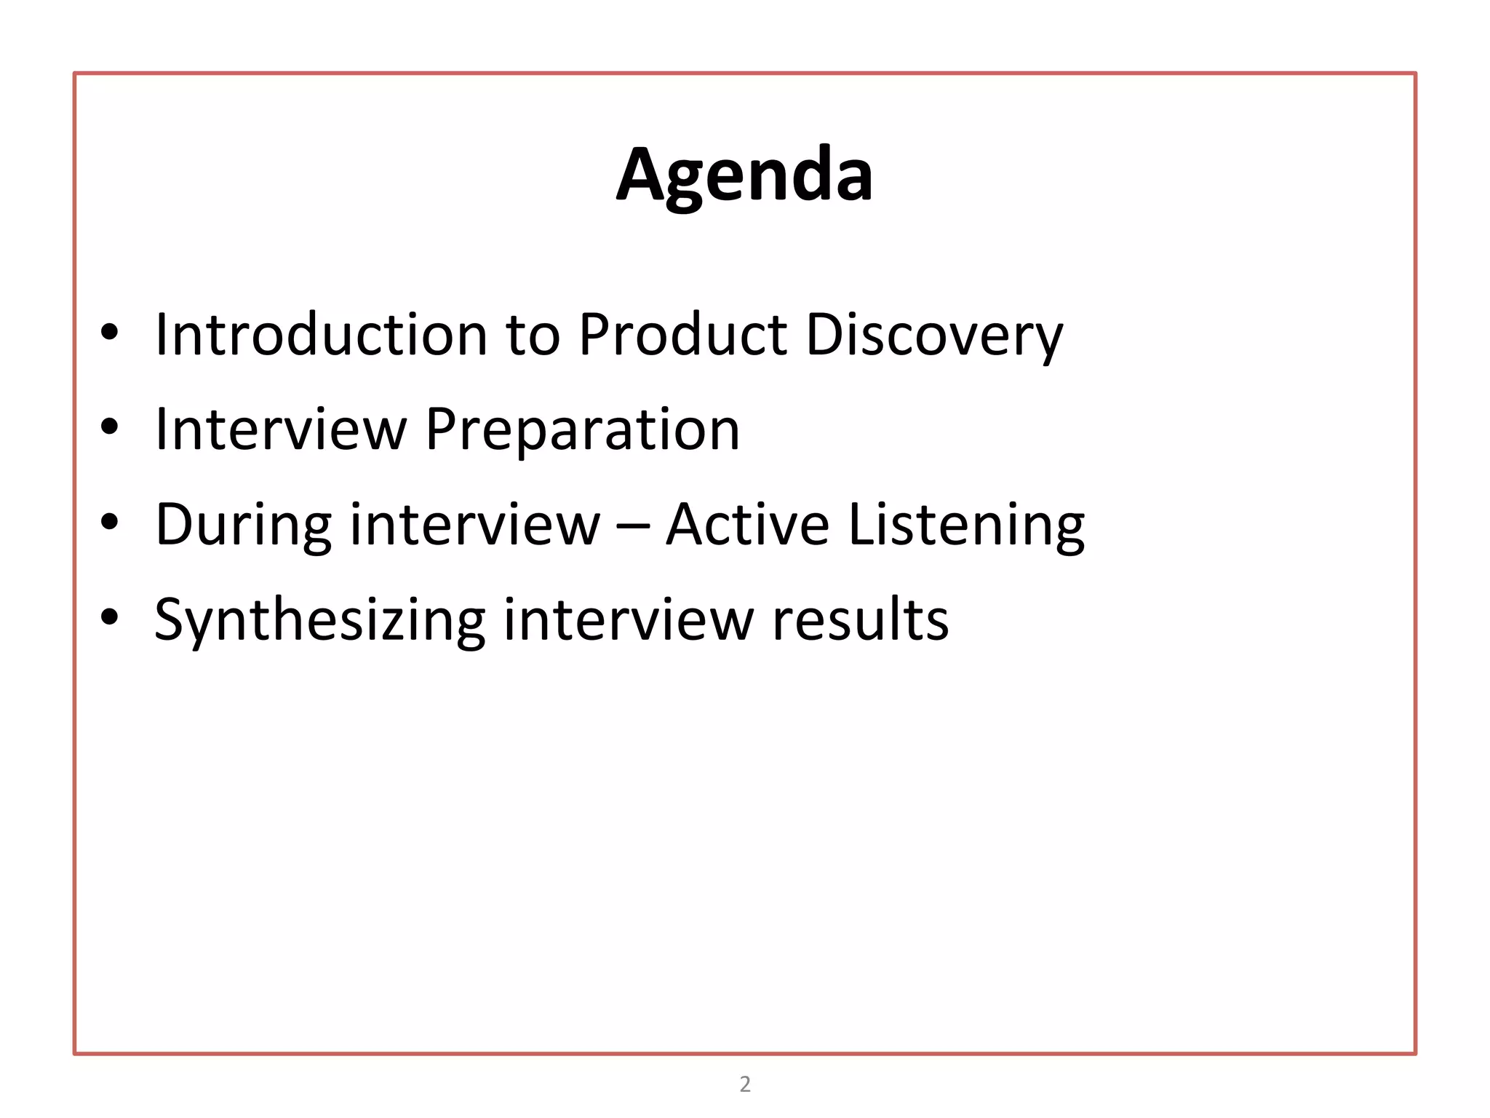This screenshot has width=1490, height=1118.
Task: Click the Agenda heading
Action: tap(744, 175)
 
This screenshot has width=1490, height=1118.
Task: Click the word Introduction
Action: tap(321, 335)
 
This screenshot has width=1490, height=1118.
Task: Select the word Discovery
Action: tap(934, 336)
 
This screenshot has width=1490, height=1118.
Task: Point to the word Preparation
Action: tap(582, 430)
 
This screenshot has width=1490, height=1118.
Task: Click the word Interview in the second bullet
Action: tap(281, 429)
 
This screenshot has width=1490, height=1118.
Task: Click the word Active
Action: tap(747, 524)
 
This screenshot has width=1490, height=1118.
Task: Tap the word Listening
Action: tap(966, 526)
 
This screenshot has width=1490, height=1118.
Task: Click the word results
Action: tap(860, 620)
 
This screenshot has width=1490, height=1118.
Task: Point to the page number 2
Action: tap(745, 1084)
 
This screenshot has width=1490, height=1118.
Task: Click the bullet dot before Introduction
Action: tap(109, 333)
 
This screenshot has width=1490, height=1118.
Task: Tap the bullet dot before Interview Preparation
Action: tap(109, 427)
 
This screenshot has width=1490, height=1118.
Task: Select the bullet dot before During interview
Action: tap(109, 522)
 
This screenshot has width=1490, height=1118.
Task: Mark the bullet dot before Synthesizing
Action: tap(109, 617)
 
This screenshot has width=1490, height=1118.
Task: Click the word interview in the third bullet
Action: tap(475, 524)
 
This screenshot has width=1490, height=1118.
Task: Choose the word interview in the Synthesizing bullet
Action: tap(629, 620)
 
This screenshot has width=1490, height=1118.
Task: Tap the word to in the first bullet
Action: tap(533, 336)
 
